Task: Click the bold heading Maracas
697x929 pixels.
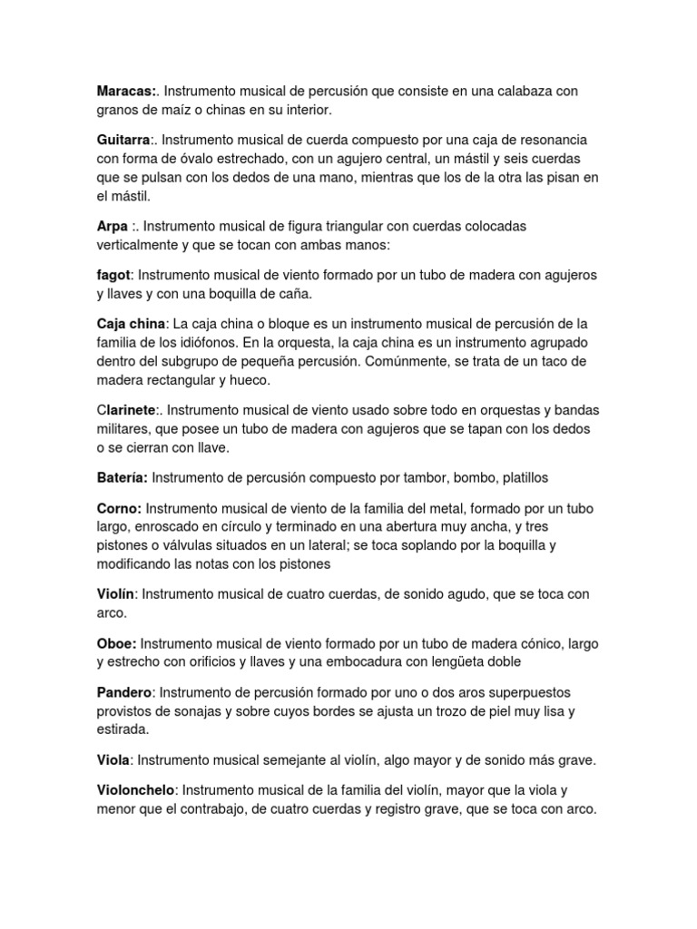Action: click(126, 92)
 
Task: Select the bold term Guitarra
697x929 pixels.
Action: click(124, 141)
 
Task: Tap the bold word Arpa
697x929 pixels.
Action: click(112, 225)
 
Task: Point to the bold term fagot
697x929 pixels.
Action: click(114, 274)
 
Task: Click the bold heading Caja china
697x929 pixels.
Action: click(131, 324)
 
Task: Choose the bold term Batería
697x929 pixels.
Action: click(123, 476)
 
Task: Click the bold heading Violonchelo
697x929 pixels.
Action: click(135, 790)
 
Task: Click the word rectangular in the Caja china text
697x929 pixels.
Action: click(183, 379)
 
